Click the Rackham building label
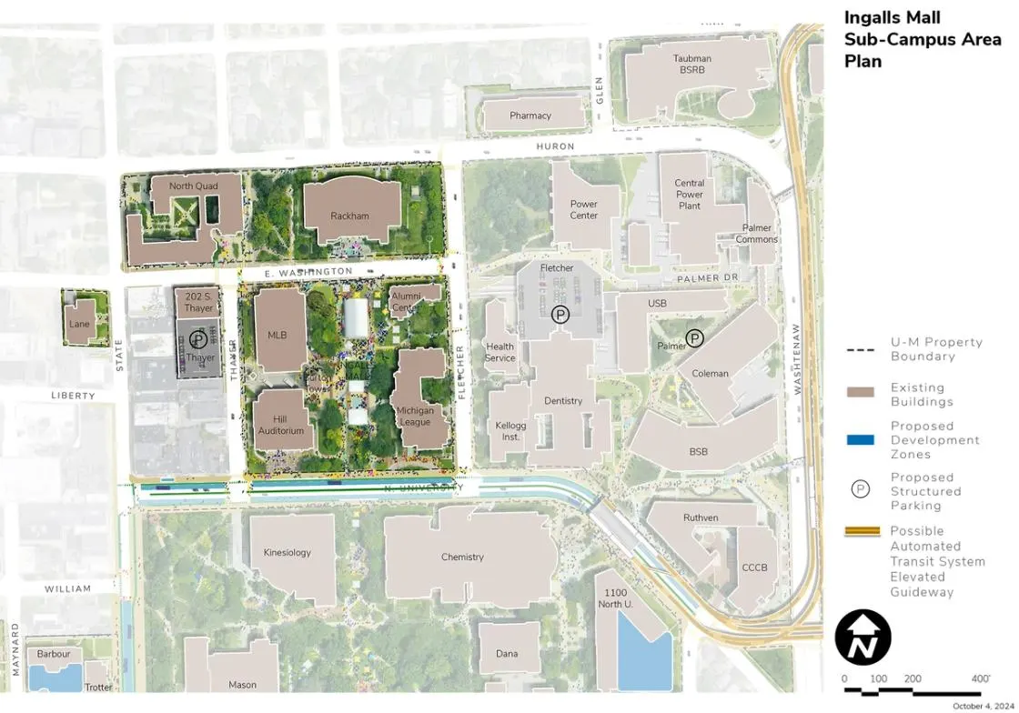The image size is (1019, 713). click(350, 216)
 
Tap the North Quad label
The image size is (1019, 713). click(194, 186)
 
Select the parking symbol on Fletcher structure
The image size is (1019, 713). click(561, 315)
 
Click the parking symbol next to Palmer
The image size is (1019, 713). click(694, 337)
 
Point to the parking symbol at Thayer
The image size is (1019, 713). click(198, 341)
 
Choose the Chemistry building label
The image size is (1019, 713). click(462, 557)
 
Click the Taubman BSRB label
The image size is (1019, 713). click(692, 64)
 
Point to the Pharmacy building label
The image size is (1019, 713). click(530, 115)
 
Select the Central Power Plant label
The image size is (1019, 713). click(690, 195)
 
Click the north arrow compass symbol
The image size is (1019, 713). click(863, 637)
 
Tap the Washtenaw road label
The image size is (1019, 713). click(796, 359)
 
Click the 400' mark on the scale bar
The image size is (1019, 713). click(980, 679)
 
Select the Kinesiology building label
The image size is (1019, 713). click(287, 552)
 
